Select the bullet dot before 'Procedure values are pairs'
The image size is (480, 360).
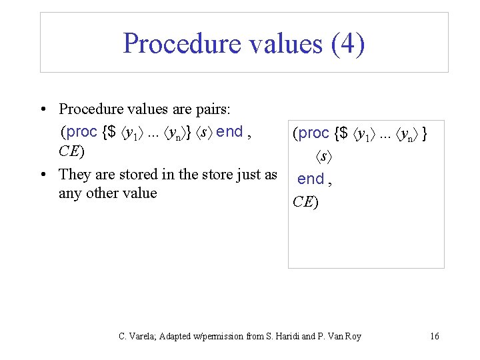click(43, 109)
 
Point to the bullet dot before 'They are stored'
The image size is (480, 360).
click(43, 175)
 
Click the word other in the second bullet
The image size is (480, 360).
click(102, 193)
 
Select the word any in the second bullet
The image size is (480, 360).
click(70, 193)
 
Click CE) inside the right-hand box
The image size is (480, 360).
click(306, 202)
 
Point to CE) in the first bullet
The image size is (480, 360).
click(71, 151)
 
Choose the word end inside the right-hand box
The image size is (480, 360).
click(310, 179)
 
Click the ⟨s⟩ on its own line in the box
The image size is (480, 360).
click(324, 157)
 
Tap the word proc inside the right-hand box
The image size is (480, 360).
click(313, 133)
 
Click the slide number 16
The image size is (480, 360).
click(435, 336)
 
